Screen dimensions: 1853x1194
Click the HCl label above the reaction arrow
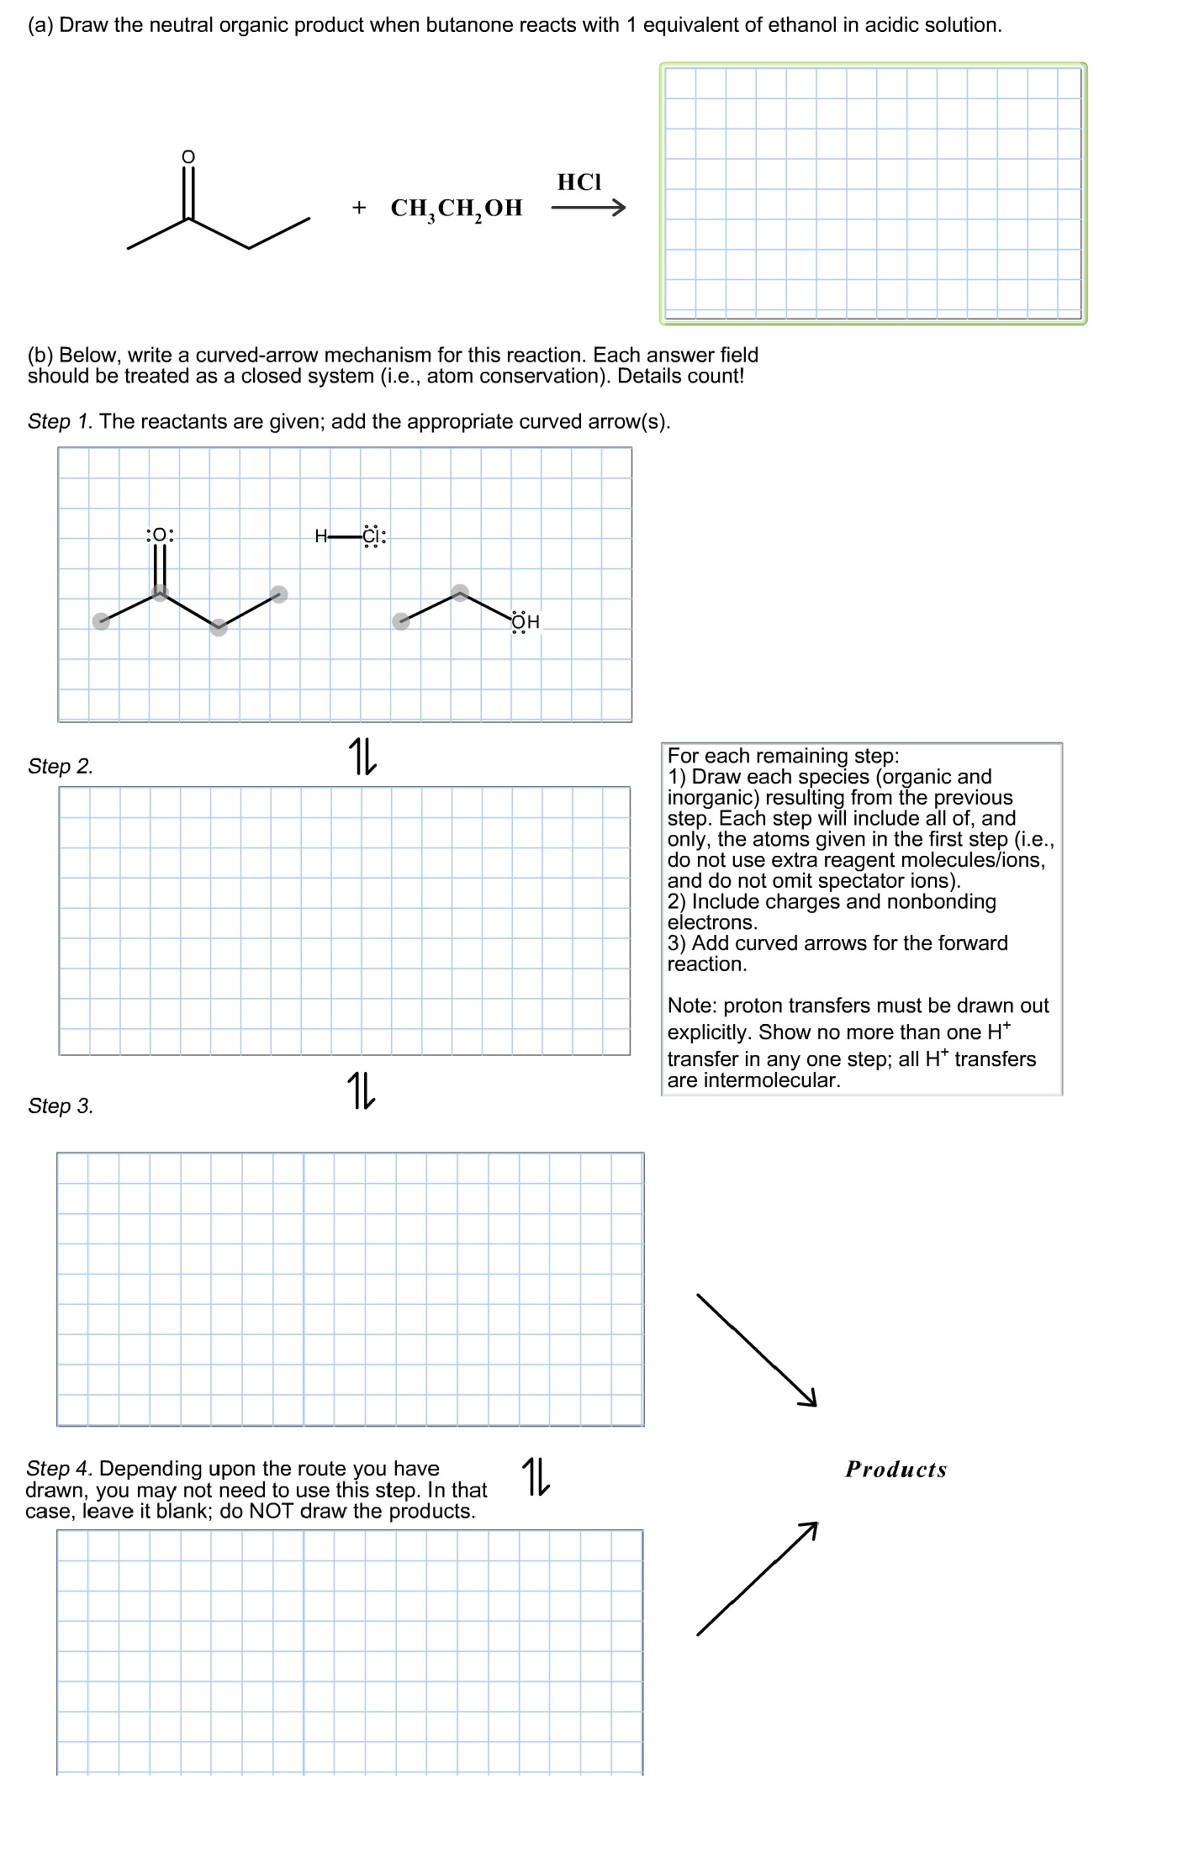579,182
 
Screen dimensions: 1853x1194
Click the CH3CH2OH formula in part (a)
457,209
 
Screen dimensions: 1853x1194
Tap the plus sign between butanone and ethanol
359,208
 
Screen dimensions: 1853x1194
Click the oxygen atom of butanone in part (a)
188,156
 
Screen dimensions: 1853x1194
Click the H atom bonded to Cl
320,536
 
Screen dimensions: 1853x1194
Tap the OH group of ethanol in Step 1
526,622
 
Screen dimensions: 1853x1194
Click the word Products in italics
895,1470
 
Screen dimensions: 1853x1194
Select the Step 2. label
61,766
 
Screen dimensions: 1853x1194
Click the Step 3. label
61,1106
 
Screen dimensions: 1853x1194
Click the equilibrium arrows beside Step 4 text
536,1476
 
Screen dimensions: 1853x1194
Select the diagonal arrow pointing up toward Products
756,1579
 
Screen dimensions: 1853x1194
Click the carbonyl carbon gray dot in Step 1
160,594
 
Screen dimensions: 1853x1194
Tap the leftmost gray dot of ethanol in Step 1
402,621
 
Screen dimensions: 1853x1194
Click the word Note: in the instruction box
692,1006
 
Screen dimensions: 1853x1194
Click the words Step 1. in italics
61,421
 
